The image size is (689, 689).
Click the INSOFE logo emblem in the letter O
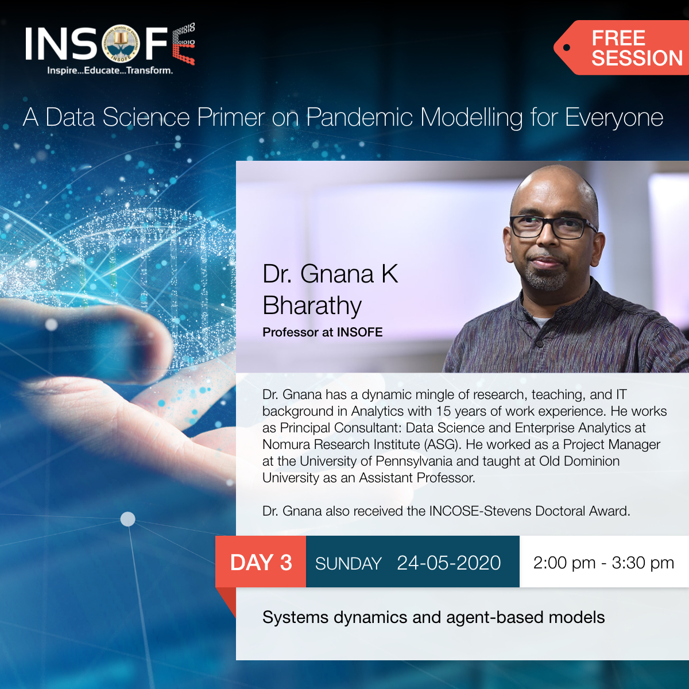(x=121, y=44)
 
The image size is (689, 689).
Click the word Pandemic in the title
(x=359, y=118)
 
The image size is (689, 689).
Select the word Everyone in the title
(x=614, y=118)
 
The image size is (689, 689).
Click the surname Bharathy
(x=312, y=305)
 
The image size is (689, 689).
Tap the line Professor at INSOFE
(x=322, y=332)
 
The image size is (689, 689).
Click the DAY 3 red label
(x=261, y=562)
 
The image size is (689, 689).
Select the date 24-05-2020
(x=448, y=563)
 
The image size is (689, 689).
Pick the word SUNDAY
(x=348, y=564)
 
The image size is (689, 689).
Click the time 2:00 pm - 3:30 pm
(x=603, y=563)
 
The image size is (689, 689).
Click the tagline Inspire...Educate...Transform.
(x=110, y=71)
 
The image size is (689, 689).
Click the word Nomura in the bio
(x=286, y=444)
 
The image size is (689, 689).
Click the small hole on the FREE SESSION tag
(x=567, y=48)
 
